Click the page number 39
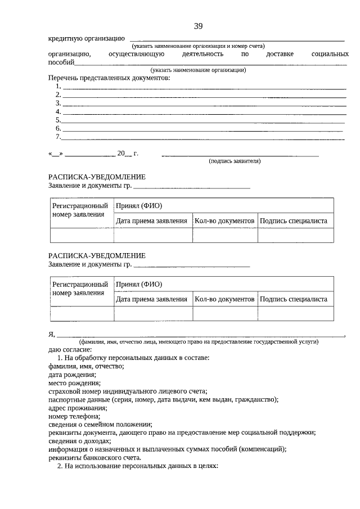[198, 26]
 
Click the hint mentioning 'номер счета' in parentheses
[198, 46]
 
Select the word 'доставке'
[280, 54]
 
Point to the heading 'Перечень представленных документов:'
[109, 78]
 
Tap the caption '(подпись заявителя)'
[235, 161]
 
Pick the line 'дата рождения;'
[72, 375]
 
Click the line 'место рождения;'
[74, 383]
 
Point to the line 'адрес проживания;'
[78, 408]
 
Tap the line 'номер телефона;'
[74, 416]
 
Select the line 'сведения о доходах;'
[79, 441]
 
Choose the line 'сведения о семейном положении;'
[100, 425]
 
